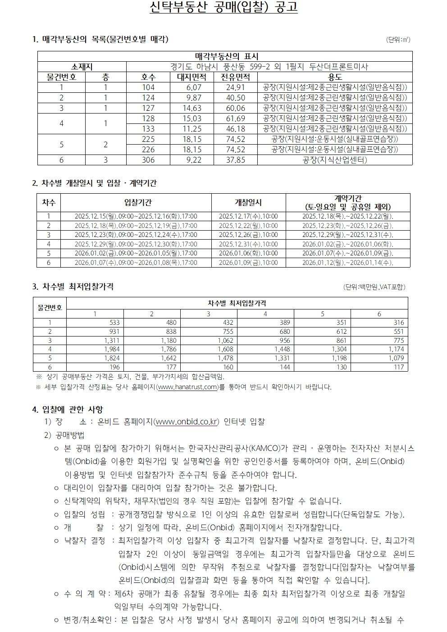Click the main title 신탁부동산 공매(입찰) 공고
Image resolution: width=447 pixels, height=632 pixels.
point(223,8)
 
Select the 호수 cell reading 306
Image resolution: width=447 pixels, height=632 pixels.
point(148,160)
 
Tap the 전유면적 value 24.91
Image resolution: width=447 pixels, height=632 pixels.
point(235,87)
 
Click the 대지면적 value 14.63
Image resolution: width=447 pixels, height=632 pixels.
point(192,108)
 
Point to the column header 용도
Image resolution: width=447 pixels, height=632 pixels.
point(335,77)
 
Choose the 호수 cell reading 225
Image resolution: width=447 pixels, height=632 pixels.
point(148,139)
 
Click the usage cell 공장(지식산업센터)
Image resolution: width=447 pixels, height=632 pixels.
point(335,160)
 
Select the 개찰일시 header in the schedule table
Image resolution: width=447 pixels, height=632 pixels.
point(248,203)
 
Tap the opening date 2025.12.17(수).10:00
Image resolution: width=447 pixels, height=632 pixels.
point(248,216)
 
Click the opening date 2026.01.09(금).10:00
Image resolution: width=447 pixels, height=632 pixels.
point(248,263)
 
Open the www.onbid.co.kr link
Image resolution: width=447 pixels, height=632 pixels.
point(186,422)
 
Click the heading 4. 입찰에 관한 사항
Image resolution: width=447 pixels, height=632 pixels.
point(68,409)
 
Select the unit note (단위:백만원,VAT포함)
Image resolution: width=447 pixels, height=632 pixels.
point(374,287)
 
